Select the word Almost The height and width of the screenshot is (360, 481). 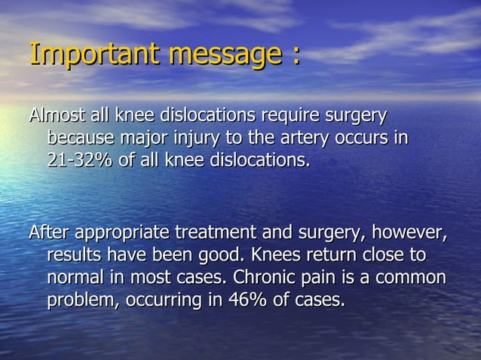point(54,117)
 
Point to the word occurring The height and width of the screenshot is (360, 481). point(163,301)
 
